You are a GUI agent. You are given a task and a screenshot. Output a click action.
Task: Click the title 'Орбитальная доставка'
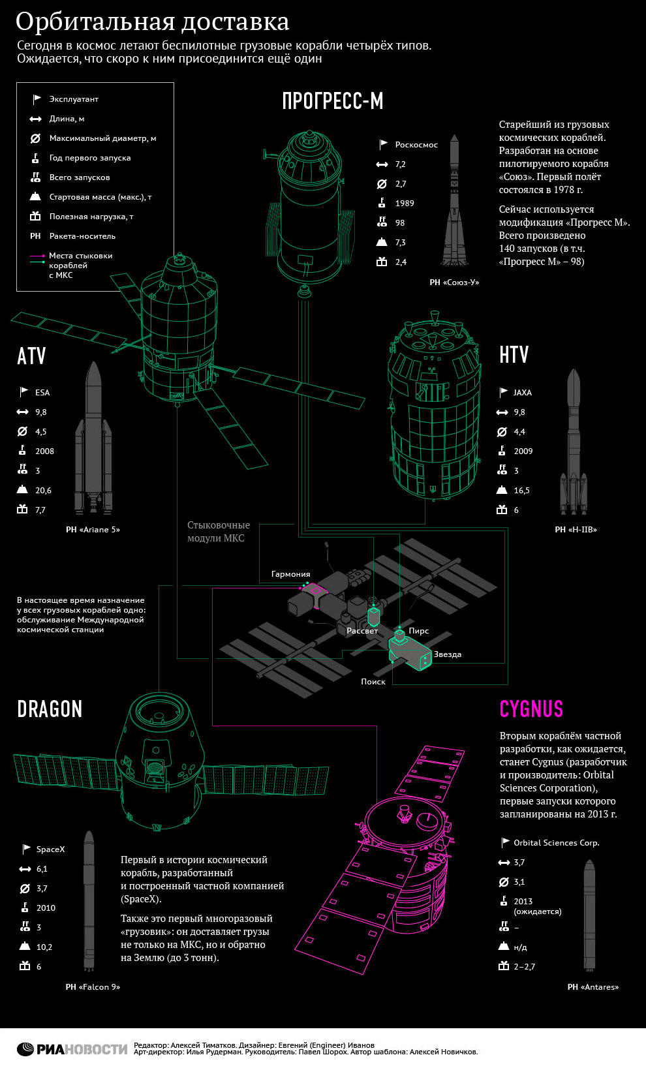click(x=152, y=22)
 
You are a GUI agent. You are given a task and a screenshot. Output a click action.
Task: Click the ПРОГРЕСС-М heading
click(x=332, y=101)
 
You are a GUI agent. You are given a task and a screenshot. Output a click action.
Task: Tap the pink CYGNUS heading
click(x=531, y=709)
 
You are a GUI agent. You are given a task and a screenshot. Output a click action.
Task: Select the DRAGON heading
click(x=50, y=709)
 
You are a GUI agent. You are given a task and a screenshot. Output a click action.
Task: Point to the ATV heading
click(x=31, y=356)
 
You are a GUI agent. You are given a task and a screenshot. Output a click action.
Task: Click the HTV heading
click(x=514, y=355)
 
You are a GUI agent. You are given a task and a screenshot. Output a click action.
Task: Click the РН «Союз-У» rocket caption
click(x=454, y=283)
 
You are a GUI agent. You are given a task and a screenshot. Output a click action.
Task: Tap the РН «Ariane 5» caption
click(x=93, y=530)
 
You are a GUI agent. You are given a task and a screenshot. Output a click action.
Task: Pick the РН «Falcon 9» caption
click(x=93, y=987)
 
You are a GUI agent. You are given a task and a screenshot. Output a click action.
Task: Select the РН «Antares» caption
click(x=592, y=987)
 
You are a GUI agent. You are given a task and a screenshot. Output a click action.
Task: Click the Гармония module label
click(x=290, y=574)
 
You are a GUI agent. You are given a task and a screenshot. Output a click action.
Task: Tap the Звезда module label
click(x=448, y=654)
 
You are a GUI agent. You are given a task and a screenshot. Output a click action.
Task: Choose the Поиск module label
click(x=373, y=682)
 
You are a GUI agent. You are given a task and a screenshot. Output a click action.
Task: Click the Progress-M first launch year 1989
click(x=405, y=204)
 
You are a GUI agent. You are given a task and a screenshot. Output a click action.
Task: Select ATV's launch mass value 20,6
click(x=43, y=491)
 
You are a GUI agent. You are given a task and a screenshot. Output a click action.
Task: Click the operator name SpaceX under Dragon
click(x=50, y=849)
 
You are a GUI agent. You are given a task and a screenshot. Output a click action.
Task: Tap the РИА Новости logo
click(x=72, y=1049)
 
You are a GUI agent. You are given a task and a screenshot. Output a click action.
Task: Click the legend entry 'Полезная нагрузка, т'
click(x=91, y=217)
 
